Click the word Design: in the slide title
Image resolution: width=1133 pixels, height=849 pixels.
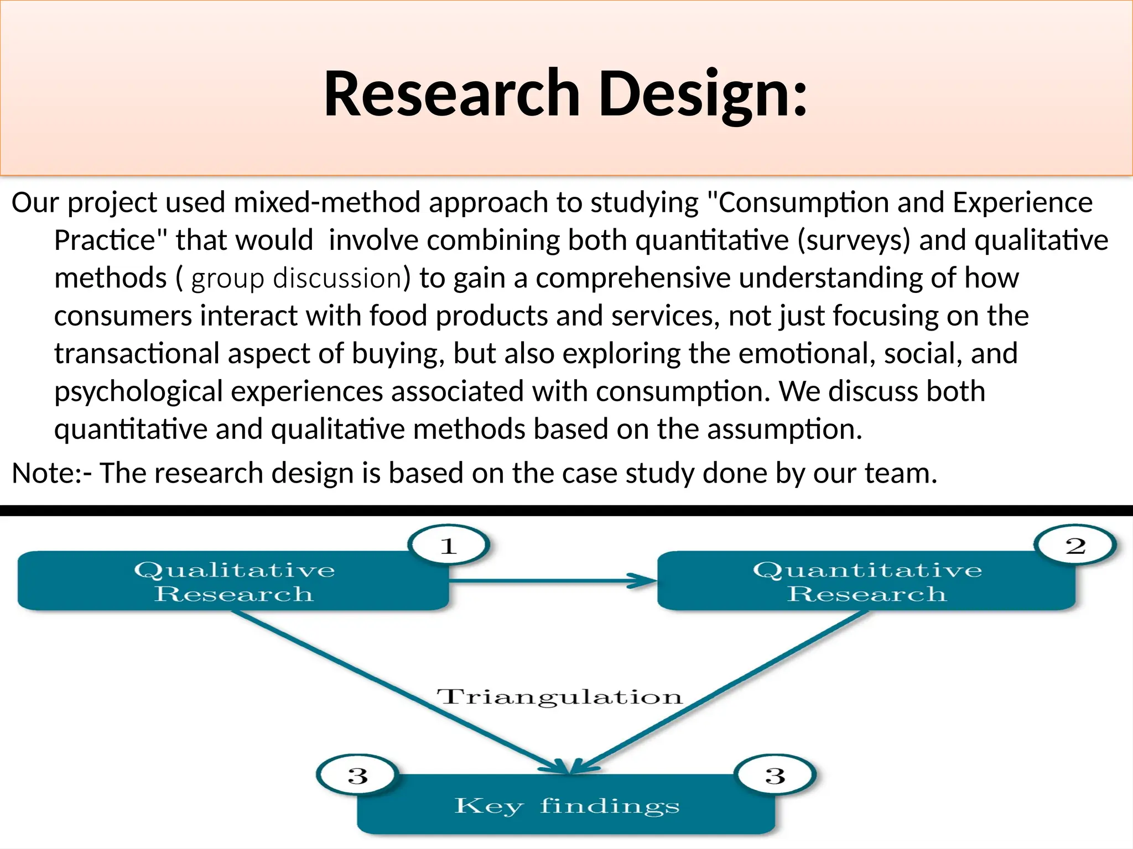(703, 94)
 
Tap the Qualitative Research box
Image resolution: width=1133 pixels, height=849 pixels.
(233, 581)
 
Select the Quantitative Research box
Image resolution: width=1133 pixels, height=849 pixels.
(866, 581)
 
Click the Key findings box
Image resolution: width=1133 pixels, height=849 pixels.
(566, 805)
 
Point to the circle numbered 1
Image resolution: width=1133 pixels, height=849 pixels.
(449, 546)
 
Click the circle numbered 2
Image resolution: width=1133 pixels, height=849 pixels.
(1075, 546)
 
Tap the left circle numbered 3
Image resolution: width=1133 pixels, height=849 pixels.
(357, 775)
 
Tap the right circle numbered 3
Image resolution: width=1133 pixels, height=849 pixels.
(775, 775)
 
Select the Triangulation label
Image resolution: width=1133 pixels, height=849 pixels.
(559, 697)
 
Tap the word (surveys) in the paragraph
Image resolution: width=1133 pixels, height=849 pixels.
(853, 240)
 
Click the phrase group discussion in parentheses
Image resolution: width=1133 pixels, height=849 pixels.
(297, 278)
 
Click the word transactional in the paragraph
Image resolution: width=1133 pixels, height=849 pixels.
(137, 354)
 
